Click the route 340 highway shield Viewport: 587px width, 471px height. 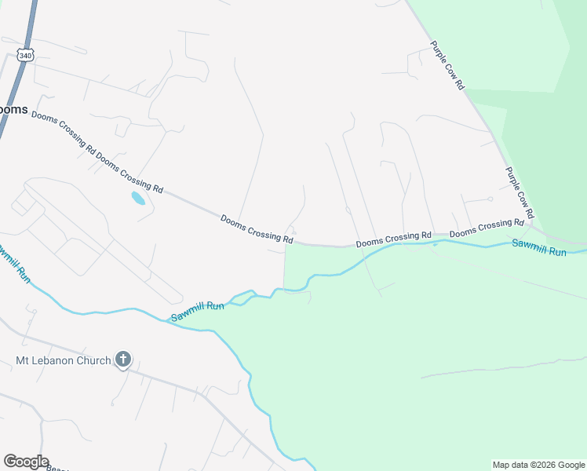coord(26,56)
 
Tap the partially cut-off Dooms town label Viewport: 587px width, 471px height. coord(13,109)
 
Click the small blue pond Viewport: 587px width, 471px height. coord(138,198)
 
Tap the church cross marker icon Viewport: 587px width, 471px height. coord(122,360)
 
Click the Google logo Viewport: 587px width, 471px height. coord(26,462)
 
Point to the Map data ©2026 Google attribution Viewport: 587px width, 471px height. coord(539,465)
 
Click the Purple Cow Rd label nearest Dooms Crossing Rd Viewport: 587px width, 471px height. coord(520,192)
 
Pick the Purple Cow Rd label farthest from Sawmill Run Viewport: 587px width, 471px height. coord(448,66)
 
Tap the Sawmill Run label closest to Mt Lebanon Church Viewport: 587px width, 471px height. coord(199,311)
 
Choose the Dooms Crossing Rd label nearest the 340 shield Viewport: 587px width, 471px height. coord(63,133)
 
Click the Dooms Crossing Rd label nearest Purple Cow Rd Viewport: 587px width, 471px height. coord(486,228)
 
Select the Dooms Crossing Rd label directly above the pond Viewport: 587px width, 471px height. coord(129,172)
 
